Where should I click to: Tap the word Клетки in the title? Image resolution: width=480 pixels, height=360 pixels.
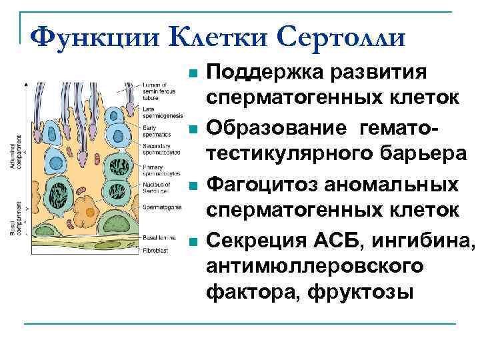[x=211, y=37]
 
